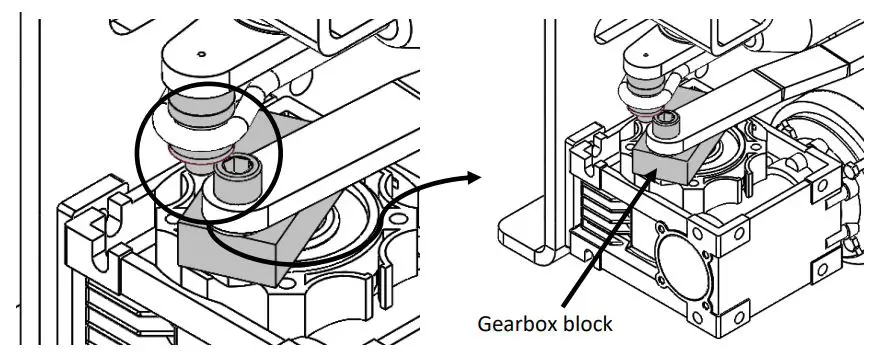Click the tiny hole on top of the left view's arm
coord(200,54)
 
